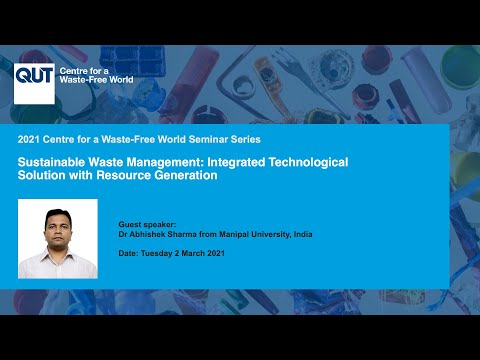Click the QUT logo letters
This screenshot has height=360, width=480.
[x=34, y=74]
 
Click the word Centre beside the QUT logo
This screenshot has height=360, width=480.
[x=73, y=71]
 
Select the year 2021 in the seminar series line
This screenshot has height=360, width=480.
[x=29, y=139]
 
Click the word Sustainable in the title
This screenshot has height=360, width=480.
[x=51, y=162]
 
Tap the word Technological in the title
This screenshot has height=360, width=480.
[x=308, y=162]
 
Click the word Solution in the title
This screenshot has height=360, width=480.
[x=42, y=175]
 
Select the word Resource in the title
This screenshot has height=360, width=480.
[x=123, y=175]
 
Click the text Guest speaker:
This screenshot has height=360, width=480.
[x=147, y=225]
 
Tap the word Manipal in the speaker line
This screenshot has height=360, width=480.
[x=234, y=234]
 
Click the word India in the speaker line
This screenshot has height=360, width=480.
[x=303, y=234]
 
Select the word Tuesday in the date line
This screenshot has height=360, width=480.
[x=156, y=253]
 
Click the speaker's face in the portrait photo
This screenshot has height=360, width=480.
[x=58, y=229]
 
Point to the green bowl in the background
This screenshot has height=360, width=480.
[x=462, y=67]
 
